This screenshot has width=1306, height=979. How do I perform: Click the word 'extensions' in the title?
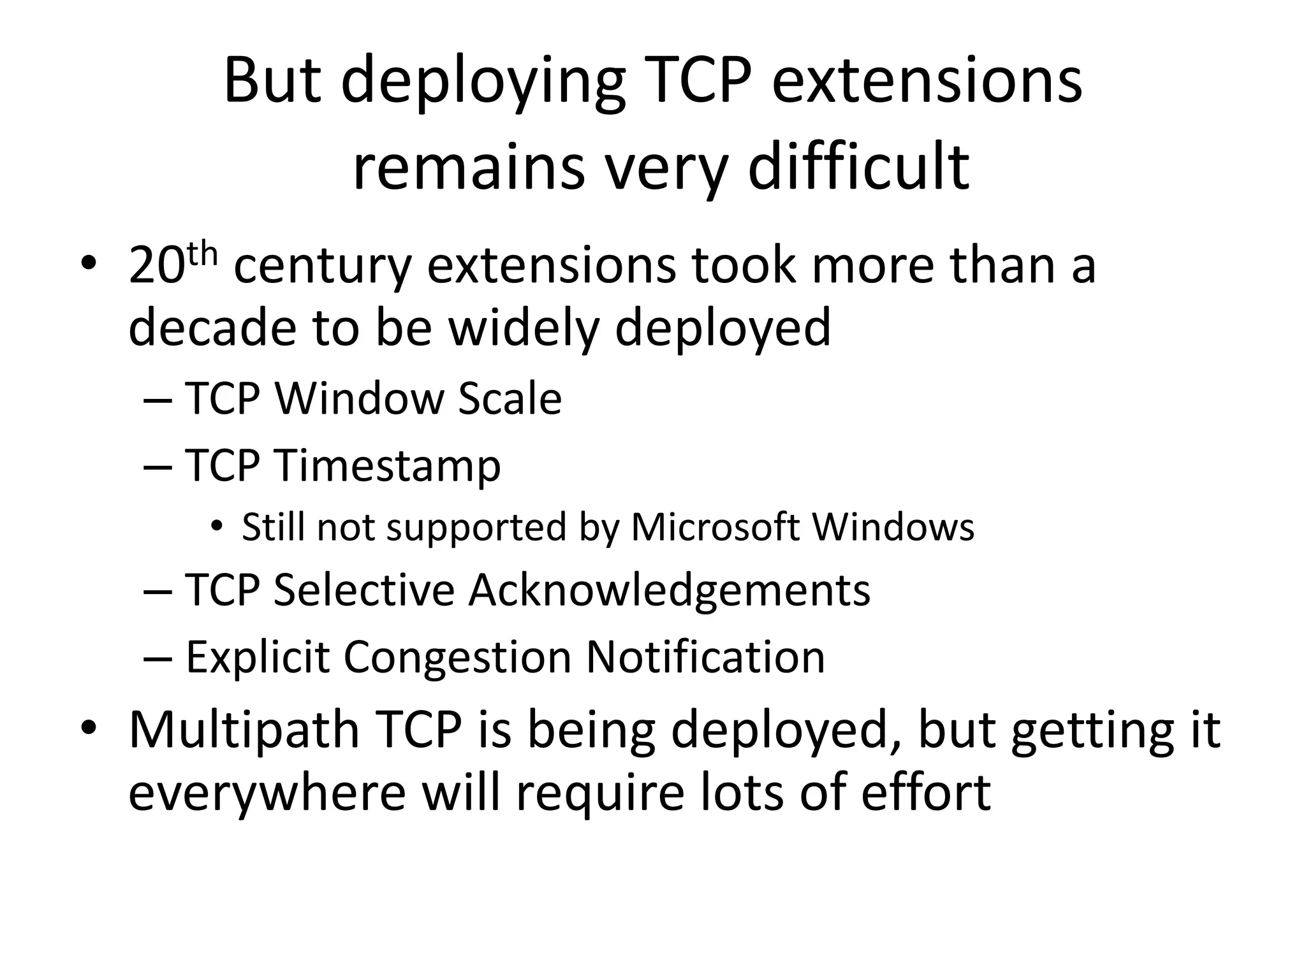click(x=927, y=82)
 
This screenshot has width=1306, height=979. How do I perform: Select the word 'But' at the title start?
click(x=272, y=82)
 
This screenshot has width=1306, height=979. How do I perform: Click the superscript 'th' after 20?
click(x=203, y=255)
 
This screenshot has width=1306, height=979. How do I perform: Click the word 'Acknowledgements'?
click(x=669, y=590)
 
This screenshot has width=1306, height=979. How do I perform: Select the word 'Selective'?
click(x=364, y=590)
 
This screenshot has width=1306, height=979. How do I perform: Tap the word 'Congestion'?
click(x=457, y=658)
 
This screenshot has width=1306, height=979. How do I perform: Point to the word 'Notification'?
click(x=705, y=658)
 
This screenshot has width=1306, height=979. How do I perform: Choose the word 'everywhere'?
click(x=267, y=793)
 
